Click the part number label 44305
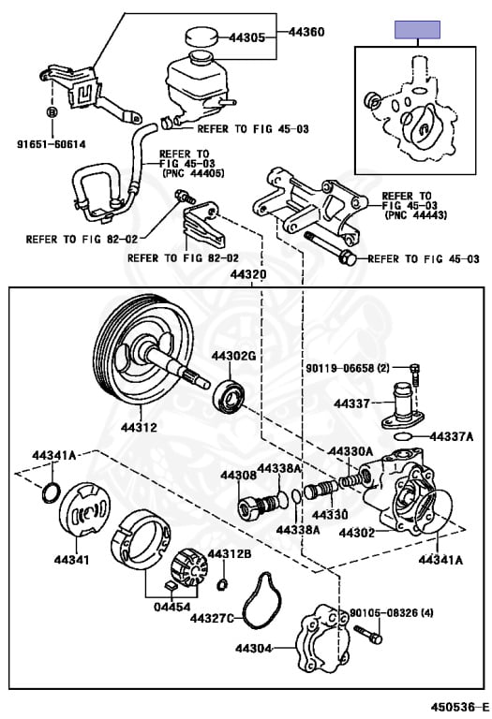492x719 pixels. (248, 39)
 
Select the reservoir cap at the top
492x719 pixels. (199, 36)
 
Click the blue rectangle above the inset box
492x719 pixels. (418, 30)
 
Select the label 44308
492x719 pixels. (238, 476)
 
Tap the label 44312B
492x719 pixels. (230, 553)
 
